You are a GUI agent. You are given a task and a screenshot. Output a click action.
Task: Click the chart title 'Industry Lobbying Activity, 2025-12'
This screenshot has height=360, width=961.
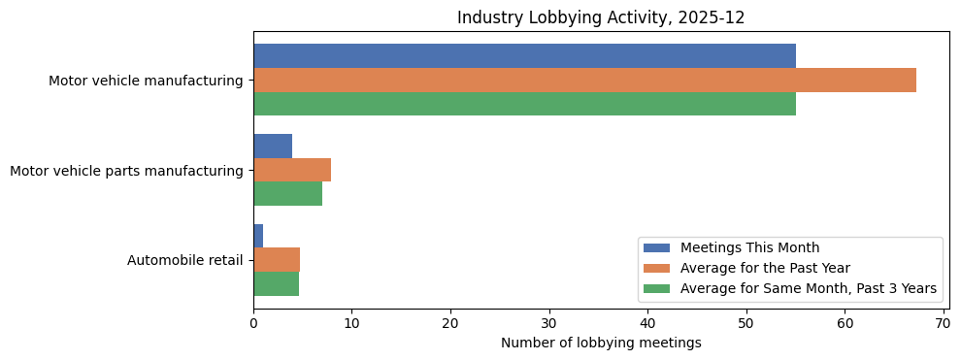(x=601, y=17)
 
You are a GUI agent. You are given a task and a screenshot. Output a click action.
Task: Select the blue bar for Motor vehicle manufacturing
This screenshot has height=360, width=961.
(x=524, y=56)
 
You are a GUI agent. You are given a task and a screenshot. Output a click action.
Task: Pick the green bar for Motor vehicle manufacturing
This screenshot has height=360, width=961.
(x=524, y=104)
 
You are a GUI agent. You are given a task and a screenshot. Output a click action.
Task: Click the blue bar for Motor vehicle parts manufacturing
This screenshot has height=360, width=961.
(x=273, y=147)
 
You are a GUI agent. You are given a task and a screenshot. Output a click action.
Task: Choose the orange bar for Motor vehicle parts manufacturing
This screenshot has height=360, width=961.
(x=292, y=170)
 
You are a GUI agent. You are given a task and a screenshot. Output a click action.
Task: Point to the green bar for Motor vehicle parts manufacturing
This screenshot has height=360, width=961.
(x=287, y=193)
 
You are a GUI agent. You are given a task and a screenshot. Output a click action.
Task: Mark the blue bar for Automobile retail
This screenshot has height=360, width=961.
(x=258, y=236)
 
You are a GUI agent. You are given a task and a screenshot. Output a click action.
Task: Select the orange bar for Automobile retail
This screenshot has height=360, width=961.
(x=277, y=260)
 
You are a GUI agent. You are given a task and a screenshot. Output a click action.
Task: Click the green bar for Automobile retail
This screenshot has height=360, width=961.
(x=276, y=283)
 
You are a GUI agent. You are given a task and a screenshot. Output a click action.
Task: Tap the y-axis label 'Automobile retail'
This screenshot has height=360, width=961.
(x=184, y=260)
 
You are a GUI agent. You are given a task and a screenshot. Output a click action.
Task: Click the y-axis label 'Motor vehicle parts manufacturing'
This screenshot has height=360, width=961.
(x=126, y=171)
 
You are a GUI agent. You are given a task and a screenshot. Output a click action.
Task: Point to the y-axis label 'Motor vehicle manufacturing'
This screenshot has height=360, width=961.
(x=146, y=81)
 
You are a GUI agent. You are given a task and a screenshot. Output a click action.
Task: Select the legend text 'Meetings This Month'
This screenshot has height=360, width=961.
(x=749, y=247)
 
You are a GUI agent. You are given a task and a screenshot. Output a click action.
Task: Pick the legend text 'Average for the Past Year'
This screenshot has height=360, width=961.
(x=765, y=268)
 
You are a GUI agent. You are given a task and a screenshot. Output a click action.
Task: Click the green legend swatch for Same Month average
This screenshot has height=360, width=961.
(x=656, y=288)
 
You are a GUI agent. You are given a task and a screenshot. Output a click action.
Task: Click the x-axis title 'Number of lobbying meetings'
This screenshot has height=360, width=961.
(x=601, y=343)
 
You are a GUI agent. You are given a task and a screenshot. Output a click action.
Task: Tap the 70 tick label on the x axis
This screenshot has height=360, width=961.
(x=943, y=323)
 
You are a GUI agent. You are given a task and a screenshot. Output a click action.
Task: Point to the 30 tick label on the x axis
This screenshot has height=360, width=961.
(x=548, y=323)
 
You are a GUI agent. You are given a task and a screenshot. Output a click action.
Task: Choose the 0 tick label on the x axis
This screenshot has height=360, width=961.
(x=253, y=323)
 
